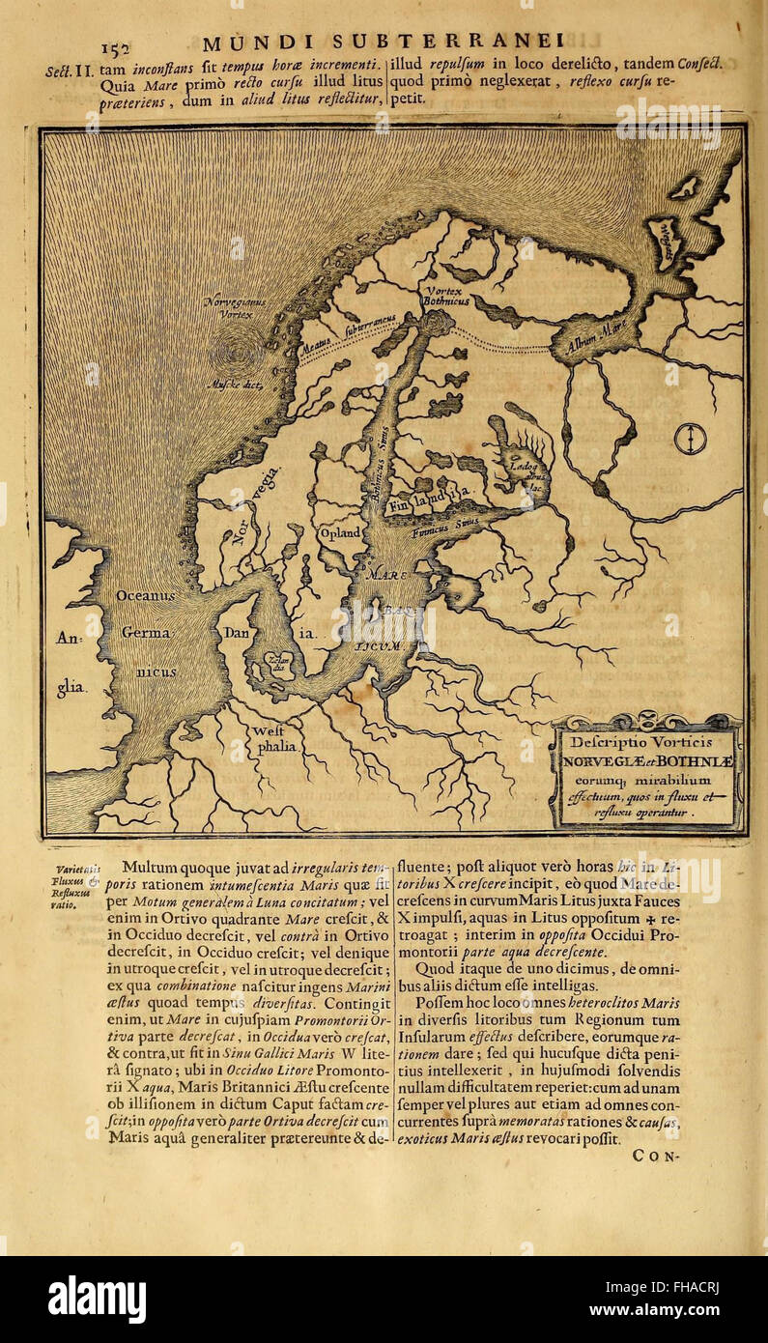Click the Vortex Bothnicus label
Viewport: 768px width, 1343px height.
(x=444, y=296)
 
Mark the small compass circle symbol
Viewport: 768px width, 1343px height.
(x=690, y=439)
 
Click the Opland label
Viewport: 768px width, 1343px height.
(x=340, y=532)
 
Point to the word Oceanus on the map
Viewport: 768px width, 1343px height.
(x=146, y=596)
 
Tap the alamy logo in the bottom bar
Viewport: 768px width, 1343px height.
(x=98, y=1300)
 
